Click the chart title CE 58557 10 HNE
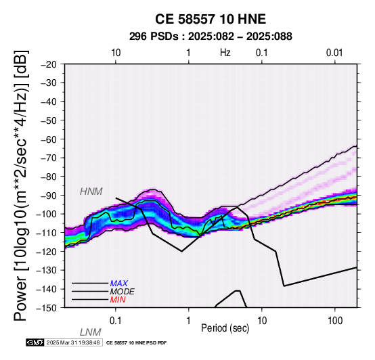[x=211, y=19]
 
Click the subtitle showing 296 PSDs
[x=211, y=37]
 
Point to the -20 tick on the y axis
[x=49, y=64]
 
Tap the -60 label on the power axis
[x=49, y=139]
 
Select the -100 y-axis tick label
[x=47, y=214]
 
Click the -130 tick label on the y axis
[x=47, y=270]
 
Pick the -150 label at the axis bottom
[x=47, y=308]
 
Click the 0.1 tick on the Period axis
[x=116, y=321]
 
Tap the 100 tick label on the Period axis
[x=335, y=321]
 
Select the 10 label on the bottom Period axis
[x=262, y=321]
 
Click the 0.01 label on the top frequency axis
[x=334, y=53]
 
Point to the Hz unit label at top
[x=225, y=53]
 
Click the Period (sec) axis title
[x=225, y=328]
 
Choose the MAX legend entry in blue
[x=119, y=284]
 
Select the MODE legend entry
[x=123, y=292]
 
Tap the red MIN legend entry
[x=118, y=300]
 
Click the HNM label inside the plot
[x=91, y=192]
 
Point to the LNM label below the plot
[x=90, y=332]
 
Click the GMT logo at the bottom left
[x=35, y=342]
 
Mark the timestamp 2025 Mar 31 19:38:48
[x=73, y=342]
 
